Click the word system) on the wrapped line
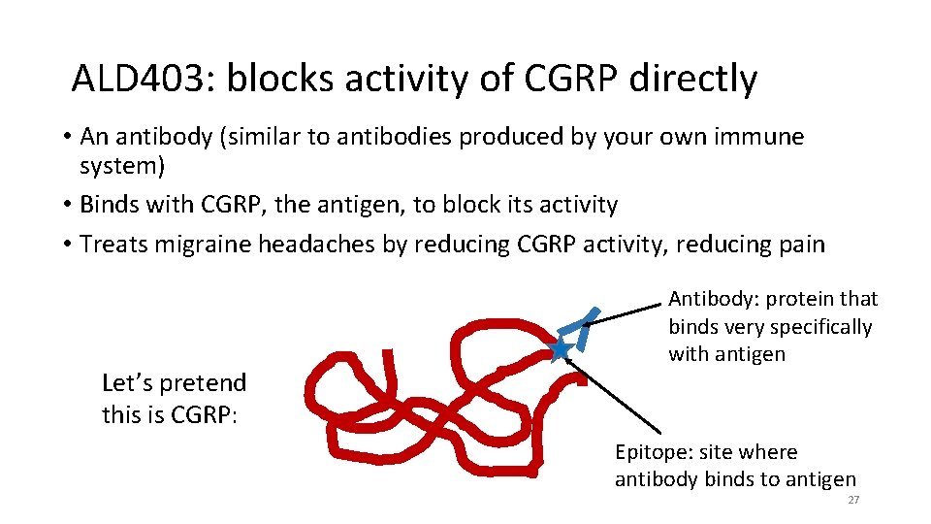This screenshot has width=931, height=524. click(122, 166)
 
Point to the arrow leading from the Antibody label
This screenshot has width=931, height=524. click(626, 311)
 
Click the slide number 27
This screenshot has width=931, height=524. click(853, 500)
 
